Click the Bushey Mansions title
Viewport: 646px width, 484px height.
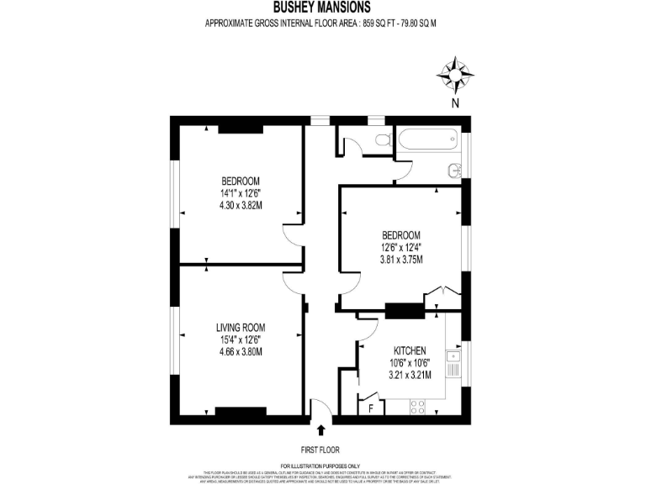tap(322, 8)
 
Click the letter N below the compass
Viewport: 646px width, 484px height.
tap(455, 104)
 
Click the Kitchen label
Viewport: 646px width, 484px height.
tap(410, 350)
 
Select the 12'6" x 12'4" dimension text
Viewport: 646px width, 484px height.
tap(400, 247)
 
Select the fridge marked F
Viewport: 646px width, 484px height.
tap(370, 408)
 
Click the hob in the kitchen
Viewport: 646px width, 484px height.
tap(417, 407)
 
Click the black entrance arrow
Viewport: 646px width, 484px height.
tap(320, 429)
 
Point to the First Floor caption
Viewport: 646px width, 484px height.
tap(320, 450)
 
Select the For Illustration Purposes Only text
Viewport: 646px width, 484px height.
tap(320, 466)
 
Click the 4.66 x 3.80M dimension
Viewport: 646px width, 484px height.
tap(241, 352)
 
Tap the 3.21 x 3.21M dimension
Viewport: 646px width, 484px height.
tap(410, 375)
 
